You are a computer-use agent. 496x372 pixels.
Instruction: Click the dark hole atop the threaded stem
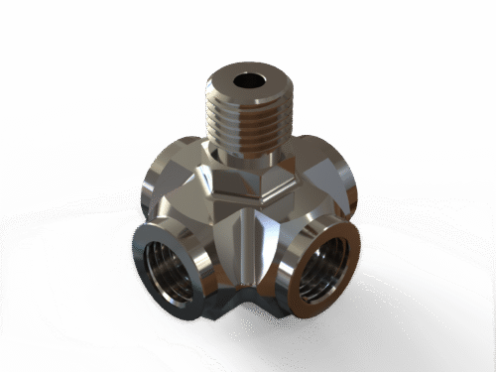click(245, 78)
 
